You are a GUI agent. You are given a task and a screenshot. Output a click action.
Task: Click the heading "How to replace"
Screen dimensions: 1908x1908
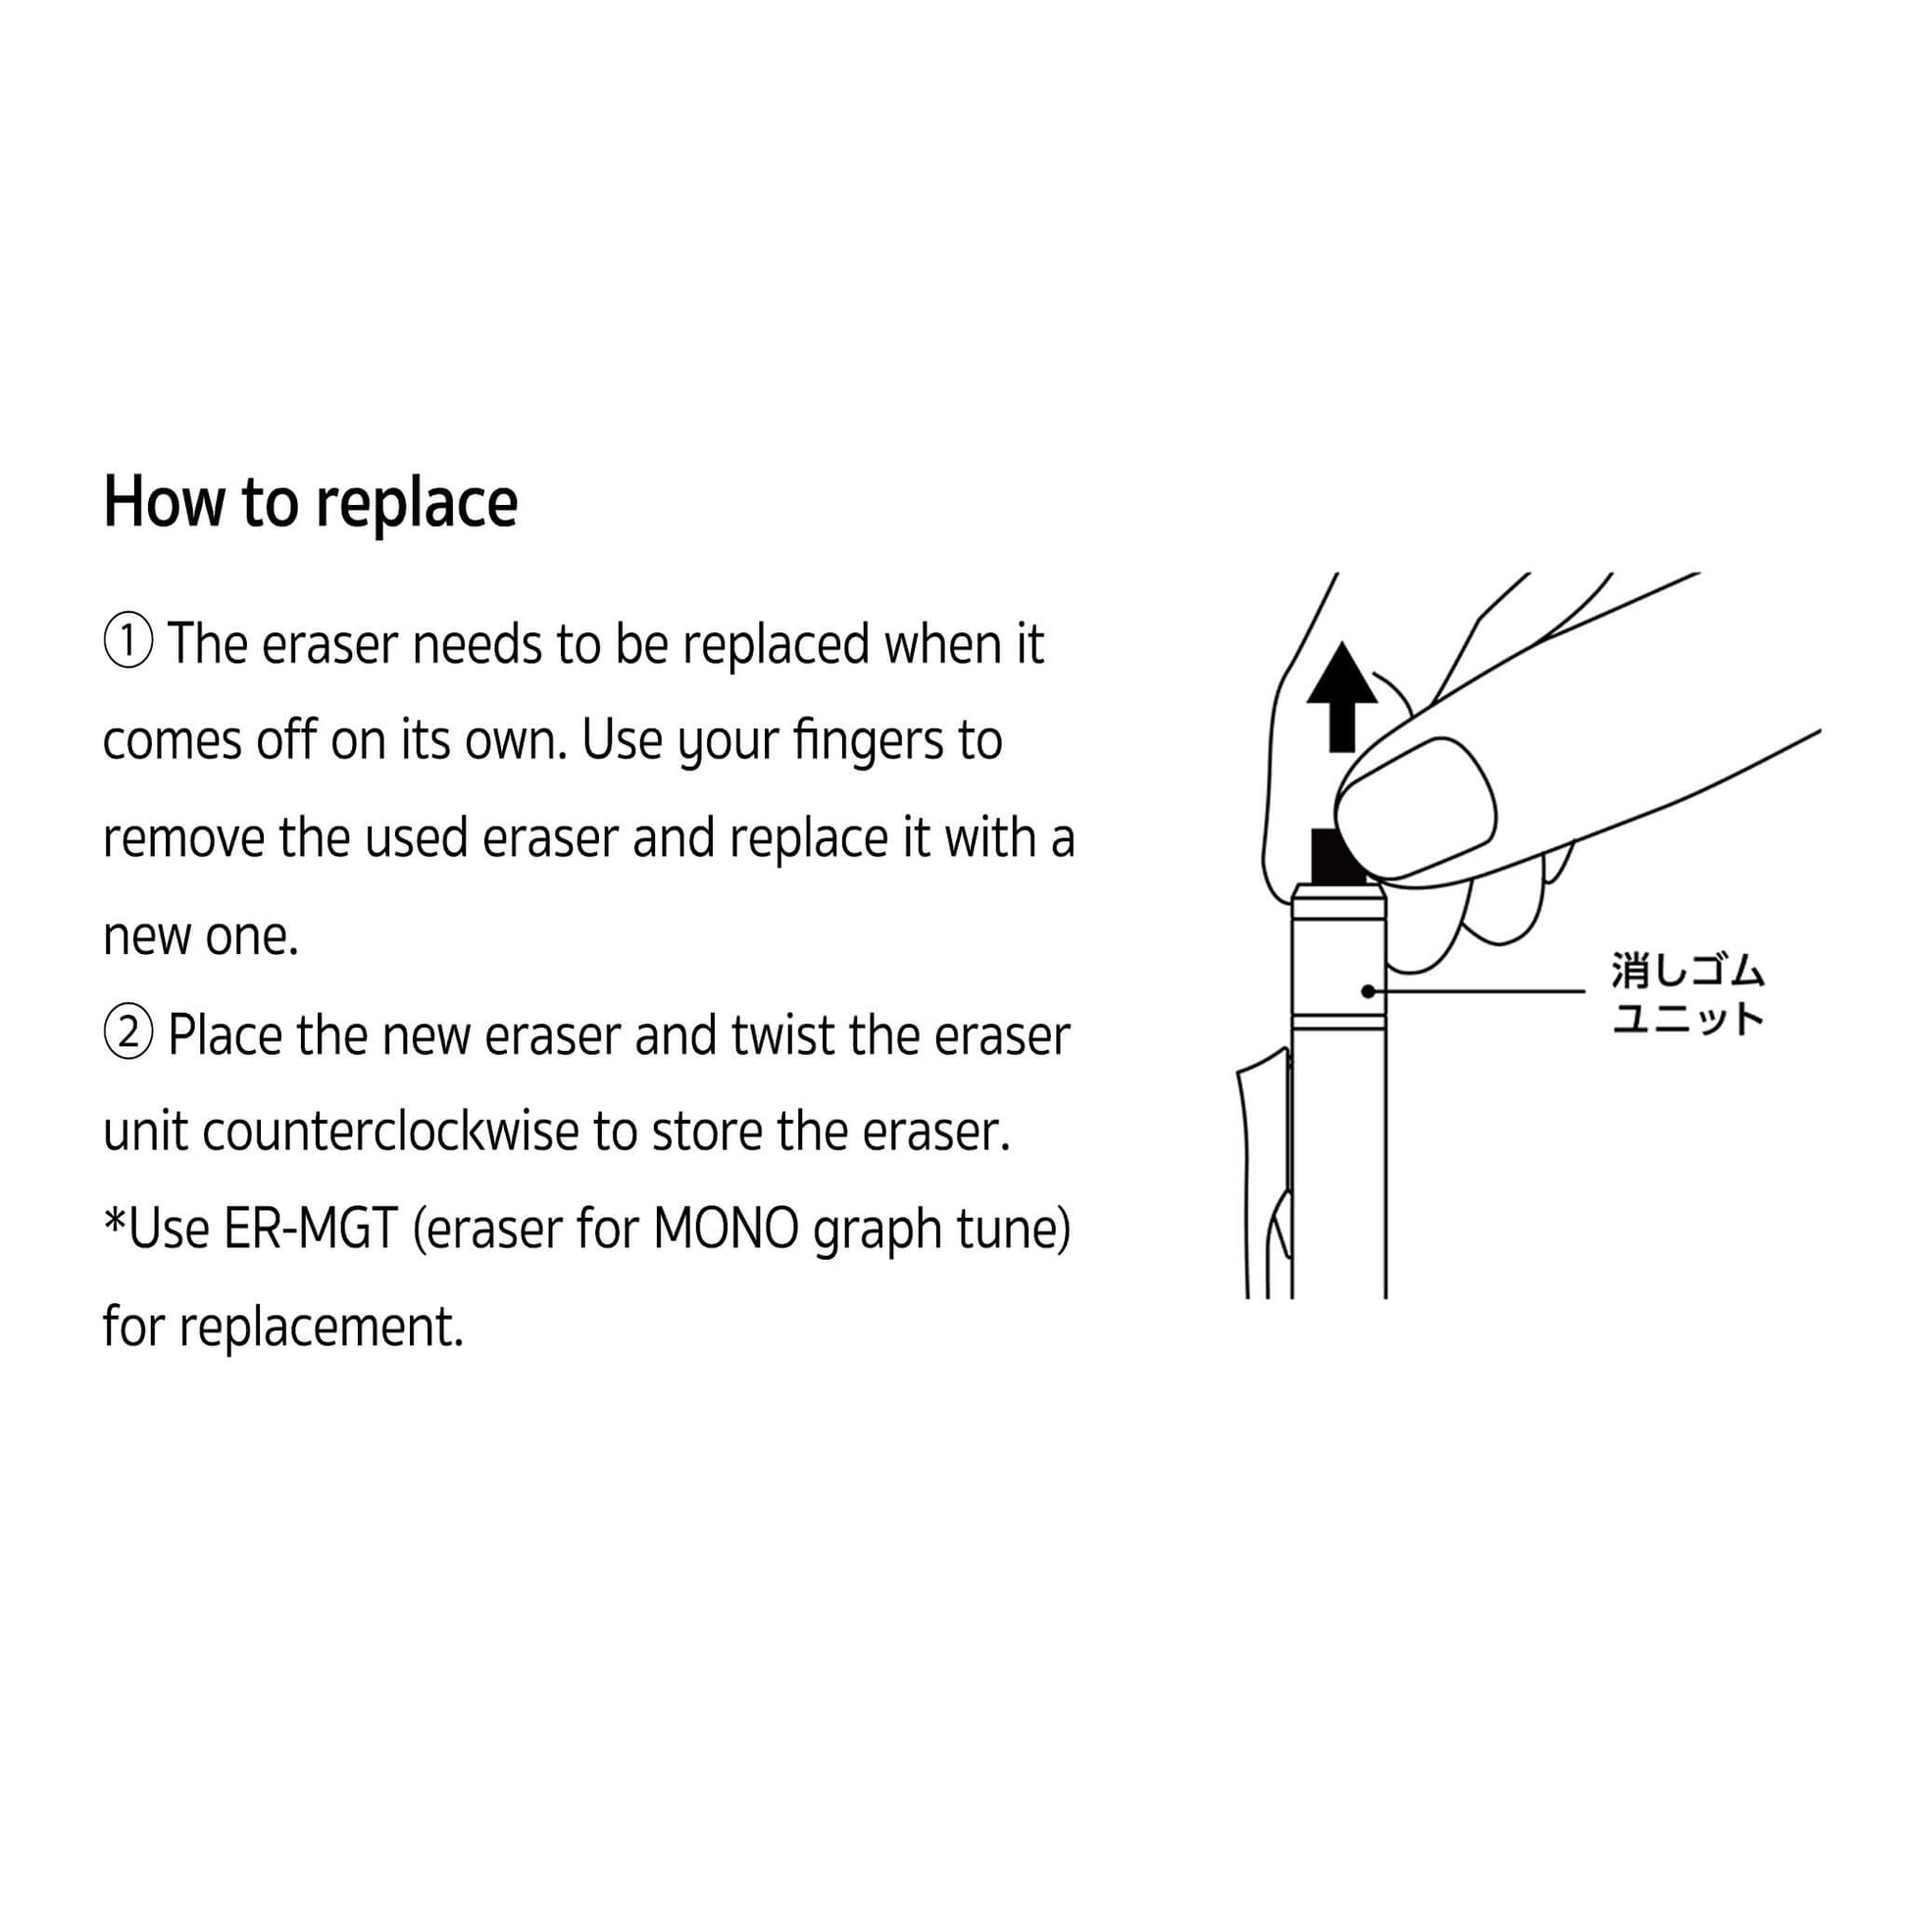(310, 504)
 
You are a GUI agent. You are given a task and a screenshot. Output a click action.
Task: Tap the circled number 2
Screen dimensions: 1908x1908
(128, 1034)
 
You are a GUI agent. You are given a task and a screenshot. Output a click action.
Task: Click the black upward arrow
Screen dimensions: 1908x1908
(1341, 696)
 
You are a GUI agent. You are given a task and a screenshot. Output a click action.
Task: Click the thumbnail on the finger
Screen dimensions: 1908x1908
(1415, 806)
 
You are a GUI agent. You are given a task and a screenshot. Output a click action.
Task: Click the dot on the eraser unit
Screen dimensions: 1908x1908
(1368, 990)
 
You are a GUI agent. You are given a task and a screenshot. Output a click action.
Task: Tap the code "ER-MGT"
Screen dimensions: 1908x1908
(311, 1230)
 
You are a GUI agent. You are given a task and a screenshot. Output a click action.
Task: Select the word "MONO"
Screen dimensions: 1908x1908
(726, 1230)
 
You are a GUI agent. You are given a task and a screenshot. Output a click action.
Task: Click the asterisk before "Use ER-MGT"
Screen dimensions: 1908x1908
(115, 1220)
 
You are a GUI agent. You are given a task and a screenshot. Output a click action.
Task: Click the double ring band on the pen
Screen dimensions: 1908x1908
(1339, 1022)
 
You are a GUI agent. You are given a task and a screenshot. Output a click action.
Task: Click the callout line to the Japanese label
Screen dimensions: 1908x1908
(1477, 990)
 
